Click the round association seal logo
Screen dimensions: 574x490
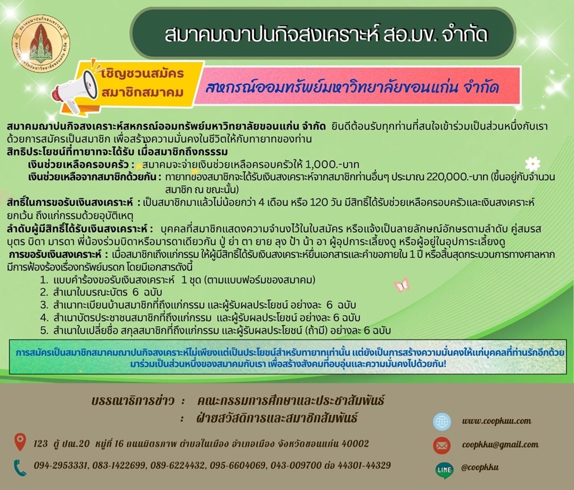tap(41, 43)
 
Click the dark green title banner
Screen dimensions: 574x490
tap(323, 33)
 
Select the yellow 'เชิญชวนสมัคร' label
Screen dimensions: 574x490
tap(143, 73)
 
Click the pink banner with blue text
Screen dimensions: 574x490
tap(357, 87)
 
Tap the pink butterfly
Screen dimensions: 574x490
tap(402, 285)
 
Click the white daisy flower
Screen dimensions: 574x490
tap(532, 163)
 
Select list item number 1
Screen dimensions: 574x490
tap(178, 280)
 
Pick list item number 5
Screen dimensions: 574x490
tap(215, 330)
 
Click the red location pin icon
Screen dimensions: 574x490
tap(20, 442)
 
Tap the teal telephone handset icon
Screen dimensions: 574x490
tap(20, 468)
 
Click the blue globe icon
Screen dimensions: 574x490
tap(442, 422)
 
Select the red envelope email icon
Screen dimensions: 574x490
tap(442, 446)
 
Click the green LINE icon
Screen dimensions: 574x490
tap(445, 470)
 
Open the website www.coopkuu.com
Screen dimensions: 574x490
tap(497, 421)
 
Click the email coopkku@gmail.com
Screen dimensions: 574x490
tap(500, 445)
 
